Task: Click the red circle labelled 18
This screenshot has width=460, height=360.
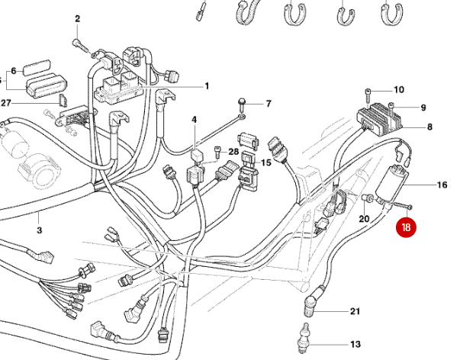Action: pyautogui.click(x=406, y=227)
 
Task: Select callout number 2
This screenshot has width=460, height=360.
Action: pyautogui.click(x=77, y=18)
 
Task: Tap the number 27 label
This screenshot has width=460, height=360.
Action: pyautogui.click(x=6, y=103)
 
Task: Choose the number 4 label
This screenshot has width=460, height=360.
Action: pyautogui.click(x=194, y=120)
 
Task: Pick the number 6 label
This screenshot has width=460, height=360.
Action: pyautogui.click(x=13, y=71)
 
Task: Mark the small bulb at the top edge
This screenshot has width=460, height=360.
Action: pyautogui.click(x=201, y=11)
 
